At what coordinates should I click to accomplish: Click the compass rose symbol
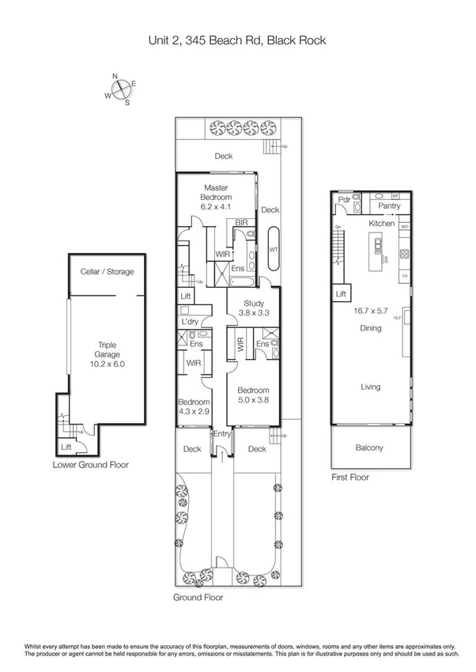click(x=120, y=89)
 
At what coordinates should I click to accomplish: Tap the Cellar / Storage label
click(x=107, y=272)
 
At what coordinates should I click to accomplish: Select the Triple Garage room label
click(x=107, y=349)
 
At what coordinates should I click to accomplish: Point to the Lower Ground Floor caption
click(x=90, y=465)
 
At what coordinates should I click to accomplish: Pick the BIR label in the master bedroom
click(x=241, y=224)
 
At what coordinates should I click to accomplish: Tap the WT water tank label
click(x=274, y=250)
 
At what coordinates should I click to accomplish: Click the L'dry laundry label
click(x=190, y=322)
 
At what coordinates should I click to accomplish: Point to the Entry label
click(x=222, y=433)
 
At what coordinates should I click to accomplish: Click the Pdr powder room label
click(x=344, y=201)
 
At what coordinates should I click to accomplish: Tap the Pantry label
click(x=389, y=206)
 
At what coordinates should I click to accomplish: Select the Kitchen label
click(x=381, y=225)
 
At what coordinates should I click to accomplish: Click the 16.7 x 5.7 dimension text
click(x=370, y=311)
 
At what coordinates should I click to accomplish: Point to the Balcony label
click(x=369, y=448)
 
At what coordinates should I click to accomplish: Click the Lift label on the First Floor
click(x=342, y=293)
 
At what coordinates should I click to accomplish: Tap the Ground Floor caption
click(x=198, y=598)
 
